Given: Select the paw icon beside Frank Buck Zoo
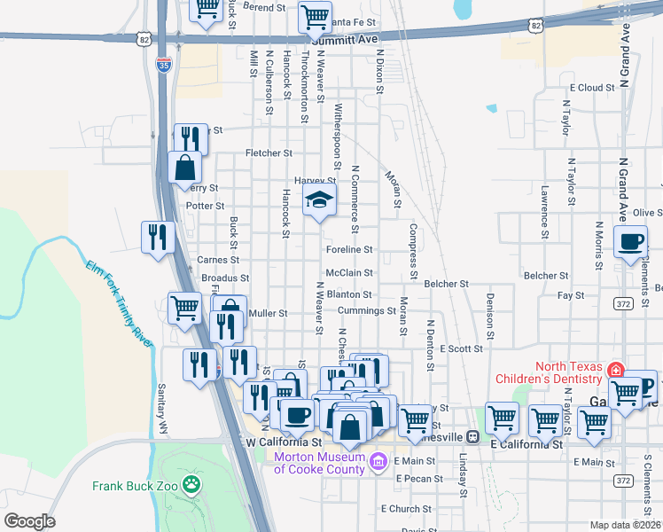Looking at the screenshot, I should pos(190,484).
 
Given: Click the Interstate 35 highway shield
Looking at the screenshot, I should pos(162,63).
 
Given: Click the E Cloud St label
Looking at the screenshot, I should pos(592,88).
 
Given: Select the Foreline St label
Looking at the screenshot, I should pos(348,250).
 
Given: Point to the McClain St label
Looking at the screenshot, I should pos(349,273).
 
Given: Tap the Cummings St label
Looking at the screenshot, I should pos(366,311).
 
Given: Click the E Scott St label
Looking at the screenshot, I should pos(460,349).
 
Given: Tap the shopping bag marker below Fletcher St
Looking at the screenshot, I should pos(184,167).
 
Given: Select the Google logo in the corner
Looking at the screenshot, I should pos(29,521).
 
